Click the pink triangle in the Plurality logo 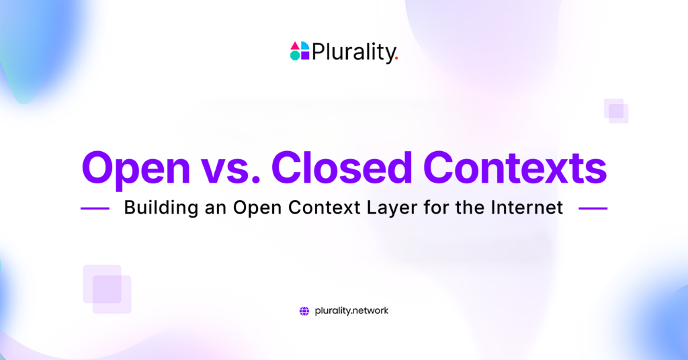(x=296, y=46)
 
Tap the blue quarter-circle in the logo (x=305, y=46)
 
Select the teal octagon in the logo (x=296, y=55)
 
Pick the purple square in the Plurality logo (x=305, y=55)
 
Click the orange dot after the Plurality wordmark (x=396, y=58)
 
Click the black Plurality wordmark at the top (x=353, y=52)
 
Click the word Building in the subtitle (x=161, y=208)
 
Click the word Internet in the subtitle (x=527, y=208)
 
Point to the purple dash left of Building (x=95, y=208)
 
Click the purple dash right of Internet (x=593, y=208)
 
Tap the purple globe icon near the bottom (x=304, y=312)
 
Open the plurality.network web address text (x=351, y=311)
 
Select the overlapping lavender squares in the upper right (x=616, y=111)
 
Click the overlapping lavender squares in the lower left (x=107, y=289)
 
